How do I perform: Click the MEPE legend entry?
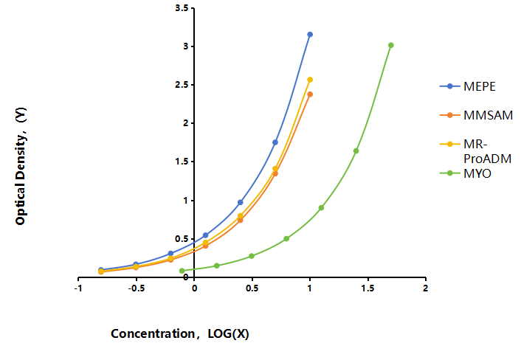(x=467, y=86)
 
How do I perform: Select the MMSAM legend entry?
(x=476, y=115)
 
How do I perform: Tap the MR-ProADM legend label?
(x=487, y=151)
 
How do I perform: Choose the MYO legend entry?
(x=465, y=173)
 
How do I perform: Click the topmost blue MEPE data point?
(x=310, y=35)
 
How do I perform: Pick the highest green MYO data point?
(x=391, y=45)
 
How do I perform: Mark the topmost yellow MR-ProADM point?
(x=310, y=80)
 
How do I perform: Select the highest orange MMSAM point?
(x=310, y=94)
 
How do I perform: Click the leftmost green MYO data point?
(x=182, y=271)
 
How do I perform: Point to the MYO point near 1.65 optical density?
(x=356, y=151)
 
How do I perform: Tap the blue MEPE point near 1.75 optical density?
(x=275, y=142)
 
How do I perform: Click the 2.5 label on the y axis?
(x=182, y=85)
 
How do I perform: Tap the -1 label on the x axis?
(x=78, y=288)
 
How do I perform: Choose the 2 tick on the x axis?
(x=426, y=280)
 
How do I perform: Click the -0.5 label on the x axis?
(x=137, y=288)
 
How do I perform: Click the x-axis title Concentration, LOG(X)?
(x=180, y=333)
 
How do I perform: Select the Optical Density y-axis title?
(x=21, y=166)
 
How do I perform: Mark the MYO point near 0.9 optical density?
(x=321, y=208)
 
